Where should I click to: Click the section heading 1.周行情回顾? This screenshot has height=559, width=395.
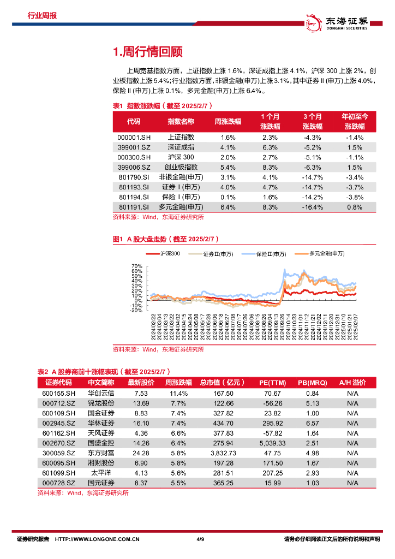click(x=147, y=52)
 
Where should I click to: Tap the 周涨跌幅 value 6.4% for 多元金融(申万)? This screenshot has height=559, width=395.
click(x=228, y=207)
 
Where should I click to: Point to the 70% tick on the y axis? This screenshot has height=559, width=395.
click(x=137, y=266)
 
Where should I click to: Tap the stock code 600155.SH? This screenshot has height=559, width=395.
click(x=56, y=393)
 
